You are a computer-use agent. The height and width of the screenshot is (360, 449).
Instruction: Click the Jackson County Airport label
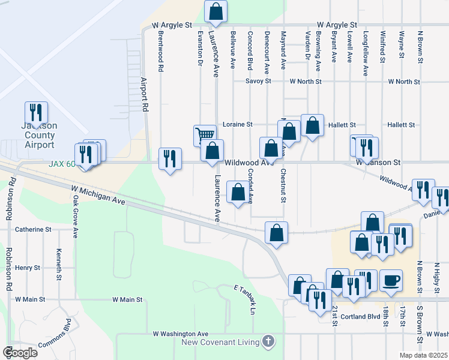(40, 135)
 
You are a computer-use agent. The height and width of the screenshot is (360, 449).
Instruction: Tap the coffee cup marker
(391, 280)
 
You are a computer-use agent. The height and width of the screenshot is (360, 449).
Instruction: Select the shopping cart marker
(205, 136)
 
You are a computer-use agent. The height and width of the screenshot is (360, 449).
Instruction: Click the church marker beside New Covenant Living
(268, 342)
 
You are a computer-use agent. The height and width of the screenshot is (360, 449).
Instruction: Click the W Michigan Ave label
(100, 195)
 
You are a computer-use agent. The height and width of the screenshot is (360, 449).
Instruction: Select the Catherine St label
(34, 229)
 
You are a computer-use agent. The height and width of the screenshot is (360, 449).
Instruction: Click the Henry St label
(28, 268)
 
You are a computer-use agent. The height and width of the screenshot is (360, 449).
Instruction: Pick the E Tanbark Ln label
(244, 300)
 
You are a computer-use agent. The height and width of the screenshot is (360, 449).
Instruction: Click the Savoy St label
(259, 81)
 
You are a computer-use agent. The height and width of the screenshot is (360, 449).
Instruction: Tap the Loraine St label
(238, 124)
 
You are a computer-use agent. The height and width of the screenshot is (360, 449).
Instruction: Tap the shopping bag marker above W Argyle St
(215, 10)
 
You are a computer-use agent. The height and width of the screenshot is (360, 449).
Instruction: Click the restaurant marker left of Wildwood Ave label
(170, 158)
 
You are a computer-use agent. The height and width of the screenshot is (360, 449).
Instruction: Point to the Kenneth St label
(58, 265)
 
